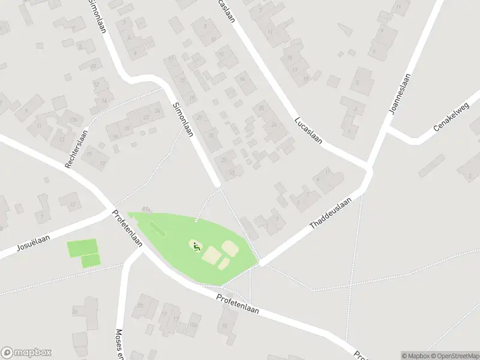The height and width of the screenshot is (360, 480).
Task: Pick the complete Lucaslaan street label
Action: (308, 130)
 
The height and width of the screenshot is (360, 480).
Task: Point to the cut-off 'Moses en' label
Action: (119, 342)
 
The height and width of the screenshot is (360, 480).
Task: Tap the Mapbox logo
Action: (26, 352)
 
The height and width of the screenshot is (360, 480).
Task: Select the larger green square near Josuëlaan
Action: (82, 247)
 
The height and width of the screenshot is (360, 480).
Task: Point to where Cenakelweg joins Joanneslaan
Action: (388, 128)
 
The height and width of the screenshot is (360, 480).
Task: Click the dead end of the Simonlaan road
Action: (218, 182)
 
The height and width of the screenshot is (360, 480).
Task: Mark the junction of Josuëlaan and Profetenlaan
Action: (111, 211)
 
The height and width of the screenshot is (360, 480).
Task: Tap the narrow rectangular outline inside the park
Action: (158, 229)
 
